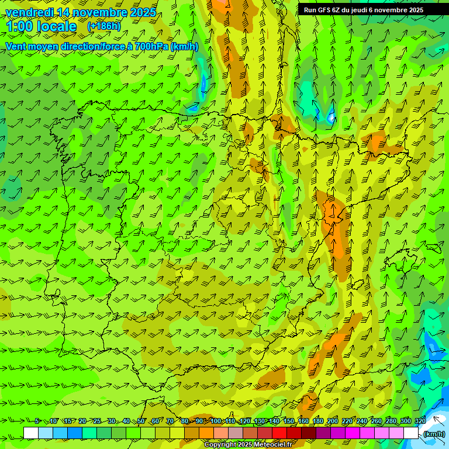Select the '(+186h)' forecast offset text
point(104,26)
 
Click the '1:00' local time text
point(19,26)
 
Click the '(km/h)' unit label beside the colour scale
point(433,434)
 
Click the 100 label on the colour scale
point(216,422)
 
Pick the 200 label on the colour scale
point(333,422)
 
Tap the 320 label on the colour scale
point(420,422)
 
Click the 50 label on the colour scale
point(140,422)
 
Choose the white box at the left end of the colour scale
point(31,433)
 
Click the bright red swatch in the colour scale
point(279,433)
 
